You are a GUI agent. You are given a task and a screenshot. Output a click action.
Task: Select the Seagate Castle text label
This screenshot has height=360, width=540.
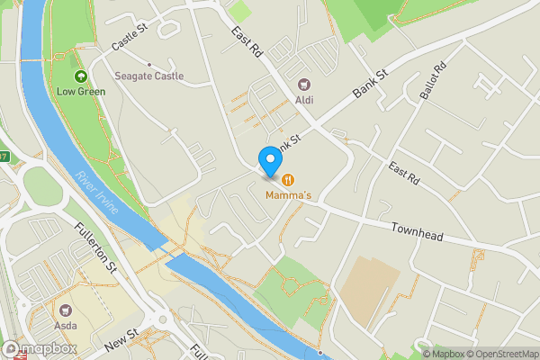pyautogui.click(x=148, y=76)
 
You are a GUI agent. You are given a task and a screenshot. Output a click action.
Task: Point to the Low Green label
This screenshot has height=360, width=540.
pyautogui.click(x=80, y=91)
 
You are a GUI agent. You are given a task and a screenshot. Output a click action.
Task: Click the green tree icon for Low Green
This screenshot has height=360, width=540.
pyautogui.click(x=80, y=77)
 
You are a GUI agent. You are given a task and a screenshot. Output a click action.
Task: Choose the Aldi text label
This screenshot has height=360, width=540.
pyautogui.click(x=304, y=100)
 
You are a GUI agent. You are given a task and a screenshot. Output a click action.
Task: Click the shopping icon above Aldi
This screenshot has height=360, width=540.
pyautogui.click(x=304, y=85)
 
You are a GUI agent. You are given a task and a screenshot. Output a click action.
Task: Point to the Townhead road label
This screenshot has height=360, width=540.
pyautogui.click(x=418, y=232)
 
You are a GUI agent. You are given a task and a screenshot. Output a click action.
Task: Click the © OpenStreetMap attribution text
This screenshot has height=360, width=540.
pyautogui.click(x=502, y=354)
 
